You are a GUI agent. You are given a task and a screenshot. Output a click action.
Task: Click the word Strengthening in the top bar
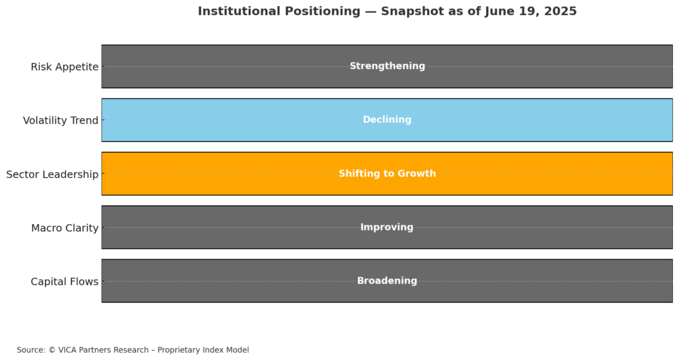click(x=387, y=66)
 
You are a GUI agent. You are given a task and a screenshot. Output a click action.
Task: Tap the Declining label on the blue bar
click(x=387, y=119)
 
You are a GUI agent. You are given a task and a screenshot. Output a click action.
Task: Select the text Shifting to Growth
click(x=387, y=174)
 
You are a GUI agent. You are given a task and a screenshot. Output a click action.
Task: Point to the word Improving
click(x=387, y=227)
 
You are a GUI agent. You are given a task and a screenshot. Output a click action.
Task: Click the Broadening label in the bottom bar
click(x=387, y=280)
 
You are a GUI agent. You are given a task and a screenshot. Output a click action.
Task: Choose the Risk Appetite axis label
click(x=64, y=67)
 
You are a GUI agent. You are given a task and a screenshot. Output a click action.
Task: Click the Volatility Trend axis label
click(x=60, y=121)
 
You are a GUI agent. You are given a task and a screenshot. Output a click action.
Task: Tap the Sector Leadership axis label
click(x=52, y=174)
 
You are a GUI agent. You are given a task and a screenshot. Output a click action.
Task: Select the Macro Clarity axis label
click(x=65, y=228)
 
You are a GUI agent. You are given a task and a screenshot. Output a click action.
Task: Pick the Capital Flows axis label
click(x=64, y=282)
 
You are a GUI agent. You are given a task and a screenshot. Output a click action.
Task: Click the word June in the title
click(x=497, y=11)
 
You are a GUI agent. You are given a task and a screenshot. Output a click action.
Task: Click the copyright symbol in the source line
click(x=52, y=350)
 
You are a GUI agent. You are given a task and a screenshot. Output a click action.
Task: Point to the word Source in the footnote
click(x=31, y=350)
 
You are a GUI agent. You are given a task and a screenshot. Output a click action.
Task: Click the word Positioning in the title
click(x=318, y=12)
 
